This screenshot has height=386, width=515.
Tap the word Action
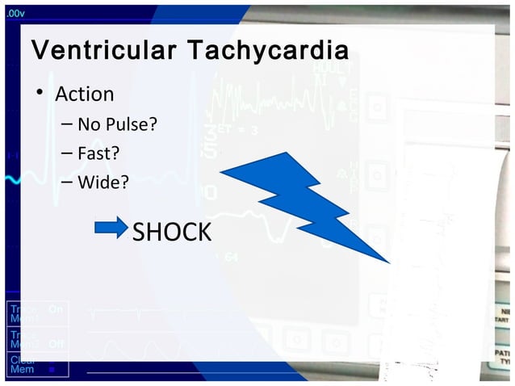point(84,94)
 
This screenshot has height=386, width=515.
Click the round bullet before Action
point(38,94)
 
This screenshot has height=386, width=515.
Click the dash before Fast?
point(67,153)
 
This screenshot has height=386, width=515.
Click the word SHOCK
point(171,233)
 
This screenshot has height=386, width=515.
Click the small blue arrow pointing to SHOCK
point(111,228)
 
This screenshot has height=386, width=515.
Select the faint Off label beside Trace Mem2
point(56,344)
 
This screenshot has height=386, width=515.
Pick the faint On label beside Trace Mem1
point(55,309)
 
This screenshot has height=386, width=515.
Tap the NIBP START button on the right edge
point(505,314)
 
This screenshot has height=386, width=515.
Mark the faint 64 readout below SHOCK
point(231,257)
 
